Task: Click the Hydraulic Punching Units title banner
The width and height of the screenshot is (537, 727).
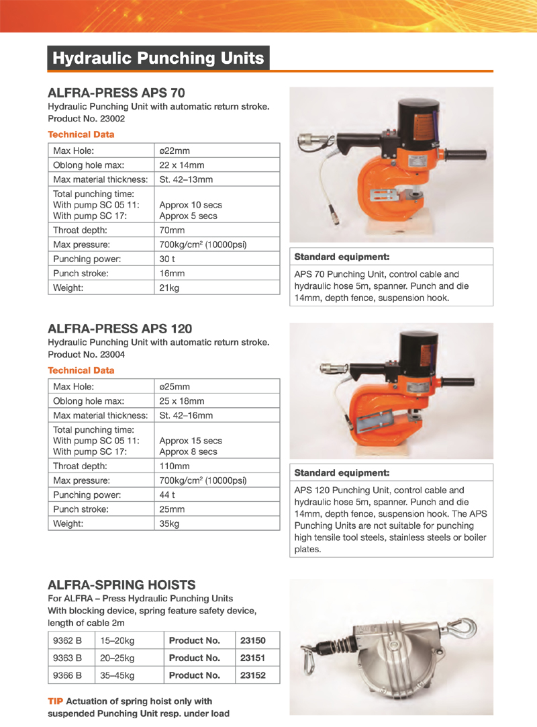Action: point(158,58)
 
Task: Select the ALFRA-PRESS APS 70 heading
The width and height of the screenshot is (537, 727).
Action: point(116,93)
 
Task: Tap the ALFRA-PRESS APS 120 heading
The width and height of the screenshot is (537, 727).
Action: point(119,329)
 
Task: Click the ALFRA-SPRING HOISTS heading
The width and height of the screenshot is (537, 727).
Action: point(121,585)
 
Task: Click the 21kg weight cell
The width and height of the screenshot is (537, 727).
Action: point(169,288)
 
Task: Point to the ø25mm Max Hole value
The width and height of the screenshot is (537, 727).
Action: point(175,386)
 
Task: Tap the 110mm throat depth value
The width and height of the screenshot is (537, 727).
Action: point(175,466)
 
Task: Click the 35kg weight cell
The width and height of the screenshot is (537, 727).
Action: point(169,523)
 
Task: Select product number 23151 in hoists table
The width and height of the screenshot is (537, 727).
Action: point(253,658)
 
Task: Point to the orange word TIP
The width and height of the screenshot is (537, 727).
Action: point(56,701)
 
